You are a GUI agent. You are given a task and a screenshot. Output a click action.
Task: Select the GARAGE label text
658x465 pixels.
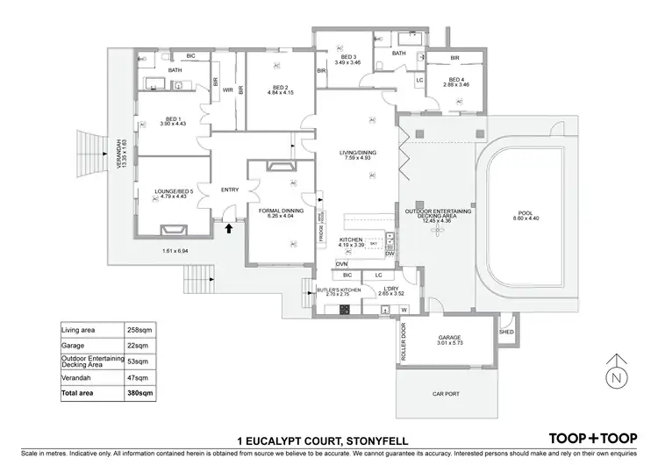tap(450, 337)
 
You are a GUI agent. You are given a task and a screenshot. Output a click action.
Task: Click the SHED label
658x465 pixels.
tap(506, 332)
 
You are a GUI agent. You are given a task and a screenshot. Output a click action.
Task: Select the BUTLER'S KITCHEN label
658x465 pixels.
tap(331, 291)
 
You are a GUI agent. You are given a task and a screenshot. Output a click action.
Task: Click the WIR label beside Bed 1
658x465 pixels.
tap(226, 89)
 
